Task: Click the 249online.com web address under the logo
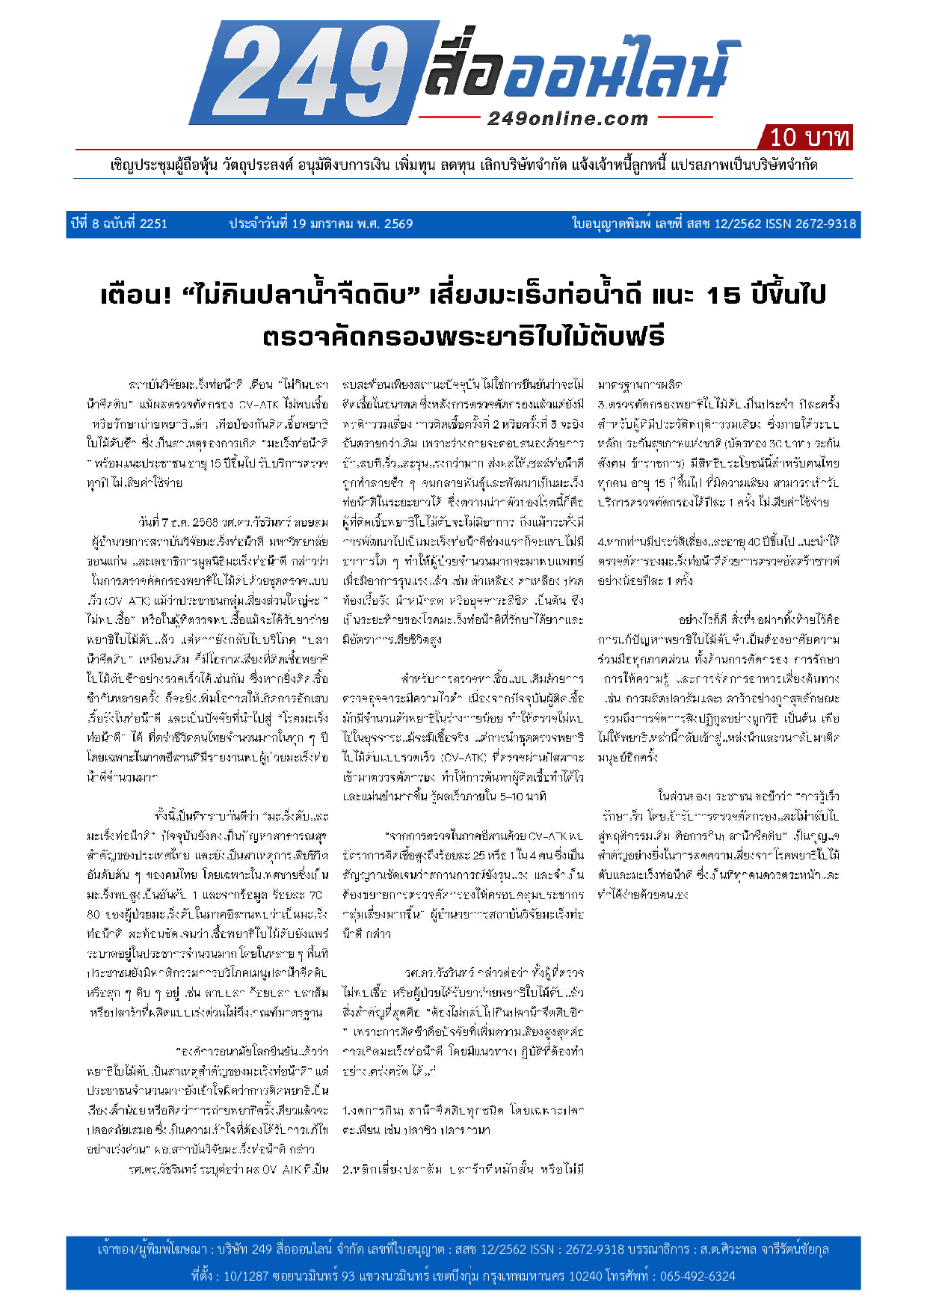click(567, 118)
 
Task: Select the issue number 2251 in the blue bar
click(153, 224)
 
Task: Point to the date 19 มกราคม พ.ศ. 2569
click(351, 224)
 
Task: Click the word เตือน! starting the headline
click(136, 295)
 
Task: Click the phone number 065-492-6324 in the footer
click(697, 1275)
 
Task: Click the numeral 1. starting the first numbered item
click(347, 1111)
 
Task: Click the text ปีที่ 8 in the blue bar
click(87, 224)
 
